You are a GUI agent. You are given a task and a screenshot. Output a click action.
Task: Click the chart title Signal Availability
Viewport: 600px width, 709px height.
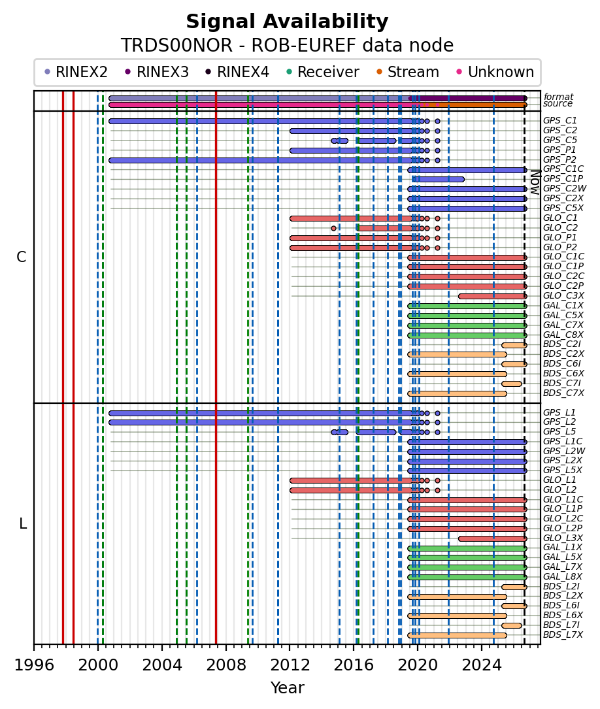click(x=287, y=22)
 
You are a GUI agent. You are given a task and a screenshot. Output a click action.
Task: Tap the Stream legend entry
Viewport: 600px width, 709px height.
click(x=407, y=72)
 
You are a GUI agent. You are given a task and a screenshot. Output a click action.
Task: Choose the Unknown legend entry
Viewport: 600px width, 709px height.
click(x=495, y=72)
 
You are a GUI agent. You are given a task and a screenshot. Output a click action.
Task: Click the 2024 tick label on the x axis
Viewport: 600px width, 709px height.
click(x=482, y=665)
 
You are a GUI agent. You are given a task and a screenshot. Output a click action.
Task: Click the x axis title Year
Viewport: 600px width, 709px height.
click(x=287, y=687)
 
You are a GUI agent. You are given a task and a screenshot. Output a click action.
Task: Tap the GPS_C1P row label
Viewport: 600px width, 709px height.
click(x=563, y=179)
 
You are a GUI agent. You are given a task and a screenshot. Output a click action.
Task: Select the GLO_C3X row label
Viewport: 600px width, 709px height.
click(x=563, y=296)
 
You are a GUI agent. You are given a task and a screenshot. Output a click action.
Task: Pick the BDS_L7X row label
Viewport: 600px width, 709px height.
click(x=563, y=635)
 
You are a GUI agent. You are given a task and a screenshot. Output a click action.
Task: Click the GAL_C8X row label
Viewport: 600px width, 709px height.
click(x=563, y=335)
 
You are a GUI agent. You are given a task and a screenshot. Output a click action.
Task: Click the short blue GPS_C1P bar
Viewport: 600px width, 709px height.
click(x=438, y=180)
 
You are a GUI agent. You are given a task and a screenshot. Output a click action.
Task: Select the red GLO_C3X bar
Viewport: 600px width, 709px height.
click(x=492, y=297)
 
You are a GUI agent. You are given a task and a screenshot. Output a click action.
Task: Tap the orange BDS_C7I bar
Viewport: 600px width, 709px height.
click(x=511, y=384)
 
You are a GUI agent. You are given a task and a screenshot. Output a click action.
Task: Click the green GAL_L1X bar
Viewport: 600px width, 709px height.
click(x=467, y=548)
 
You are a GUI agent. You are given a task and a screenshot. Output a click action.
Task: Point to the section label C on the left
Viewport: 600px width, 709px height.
click(x=22, y=257)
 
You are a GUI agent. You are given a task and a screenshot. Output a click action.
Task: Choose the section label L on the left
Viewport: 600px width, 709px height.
click(x=23, y=524)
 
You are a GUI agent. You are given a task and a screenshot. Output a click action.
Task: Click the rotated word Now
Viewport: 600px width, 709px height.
click(x=535, y=182)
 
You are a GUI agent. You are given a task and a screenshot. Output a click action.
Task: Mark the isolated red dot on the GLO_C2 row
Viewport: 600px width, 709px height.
click(x=334, y=228)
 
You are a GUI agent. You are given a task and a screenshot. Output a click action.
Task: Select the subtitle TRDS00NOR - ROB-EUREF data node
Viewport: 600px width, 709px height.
click(x=287, y=46)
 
